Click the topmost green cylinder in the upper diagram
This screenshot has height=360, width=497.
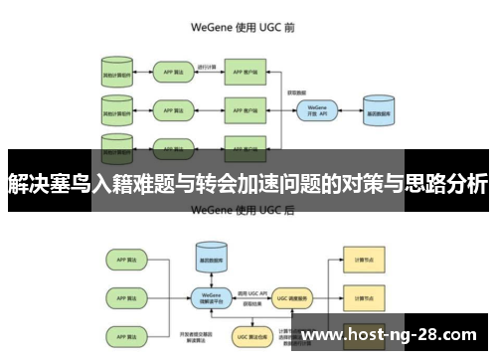click(117, 74)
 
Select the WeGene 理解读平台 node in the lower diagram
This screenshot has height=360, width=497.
click(211, 295)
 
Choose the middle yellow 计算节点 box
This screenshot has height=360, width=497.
click(357, 295)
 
